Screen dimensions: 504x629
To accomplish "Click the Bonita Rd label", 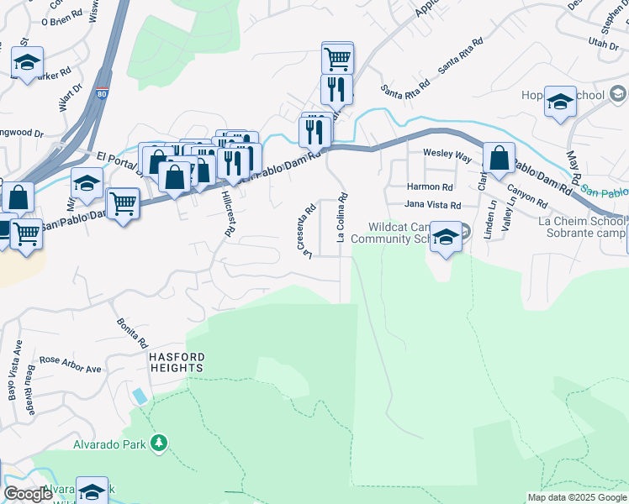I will (133, 333).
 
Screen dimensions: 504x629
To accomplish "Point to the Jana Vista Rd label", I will (433, 205).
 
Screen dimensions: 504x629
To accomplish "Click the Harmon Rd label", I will (430, 187).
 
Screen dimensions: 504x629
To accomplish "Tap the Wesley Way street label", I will (447, 155).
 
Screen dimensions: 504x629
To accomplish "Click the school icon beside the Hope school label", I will (560, 102).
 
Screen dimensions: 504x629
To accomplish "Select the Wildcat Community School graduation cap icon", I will (447, 238).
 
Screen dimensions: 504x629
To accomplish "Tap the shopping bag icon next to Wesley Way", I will (499, 158).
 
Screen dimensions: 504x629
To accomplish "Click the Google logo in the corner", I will (29, 494).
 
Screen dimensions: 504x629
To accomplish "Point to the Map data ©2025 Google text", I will (577, 497).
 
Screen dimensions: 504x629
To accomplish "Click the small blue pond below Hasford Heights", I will (139, 396).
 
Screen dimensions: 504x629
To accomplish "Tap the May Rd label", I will (574, 169).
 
